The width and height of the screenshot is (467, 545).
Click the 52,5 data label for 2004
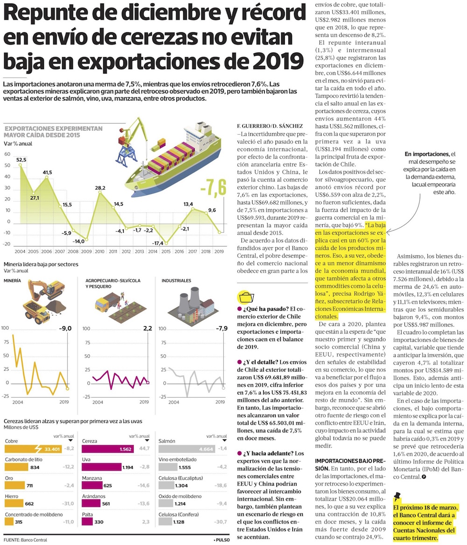21,160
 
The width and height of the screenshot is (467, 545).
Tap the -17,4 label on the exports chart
158,244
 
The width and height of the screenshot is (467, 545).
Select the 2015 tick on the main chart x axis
166,251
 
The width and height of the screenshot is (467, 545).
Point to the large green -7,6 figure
213,187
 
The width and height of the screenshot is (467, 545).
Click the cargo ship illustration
174,160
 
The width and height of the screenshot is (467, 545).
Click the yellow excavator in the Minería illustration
47,288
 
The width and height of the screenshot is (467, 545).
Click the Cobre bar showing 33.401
33,449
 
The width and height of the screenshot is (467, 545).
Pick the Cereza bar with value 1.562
107,449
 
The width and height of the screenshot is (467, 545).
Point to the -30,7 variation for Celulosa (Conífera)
221,522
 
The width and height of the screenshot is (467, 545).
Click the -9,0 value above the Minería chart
65,328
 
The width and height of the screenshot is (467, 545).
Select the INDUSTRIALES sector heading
177,280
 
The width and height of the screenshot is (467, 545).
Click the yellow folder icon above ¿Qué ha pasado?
246,298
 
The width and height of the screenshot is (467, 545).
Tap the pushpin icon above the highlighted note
397,496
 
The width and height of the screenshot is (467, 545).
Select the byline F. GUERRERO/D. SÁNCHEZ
270,126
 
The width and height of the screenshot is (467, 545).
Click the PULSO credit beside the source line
223,540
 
